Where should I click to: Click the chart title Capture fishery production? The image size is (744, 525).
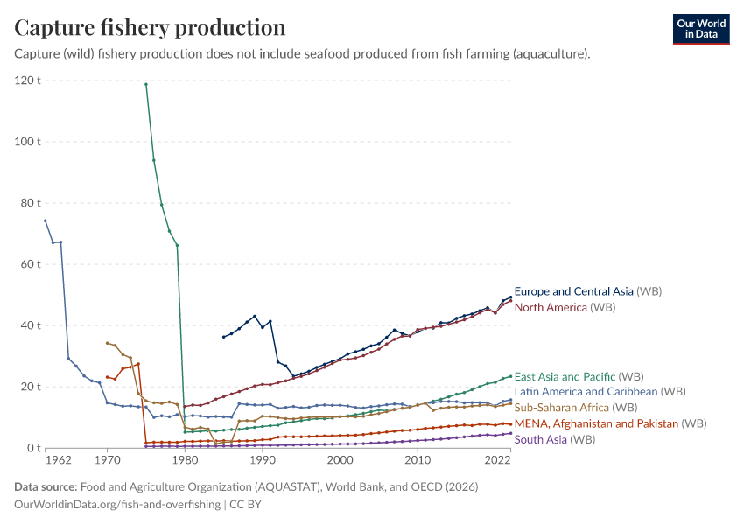coord(150,27)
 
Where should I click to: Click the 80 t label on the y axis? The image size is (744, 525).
coord(31,203)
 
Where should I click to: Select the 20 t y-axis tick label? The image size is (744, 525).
coord(31,387)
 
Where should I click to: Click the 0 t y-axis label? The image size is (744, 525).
coord(34,448)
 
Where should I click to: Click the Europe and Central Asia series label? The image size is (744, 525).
coord(573,291)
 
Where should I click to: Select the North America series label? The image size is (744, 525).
coord(551,307)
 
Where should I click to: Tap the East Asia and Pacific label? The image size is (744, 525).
coord(565,376)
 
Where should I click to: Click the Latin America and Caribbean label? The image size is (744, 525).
coord(586,392)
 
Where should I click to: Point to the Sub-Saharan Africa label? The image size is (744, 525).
coord(562,408)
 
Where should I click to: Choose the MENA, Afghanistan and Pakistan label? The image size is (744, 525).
coord(596,423)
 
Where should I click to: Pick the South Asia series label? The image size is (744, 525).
coord(540,439)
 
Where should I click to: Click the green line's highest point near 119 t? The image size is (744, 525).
coord(146,84)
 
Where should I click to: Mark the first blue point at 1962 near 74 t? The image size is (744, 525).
coord(46,220)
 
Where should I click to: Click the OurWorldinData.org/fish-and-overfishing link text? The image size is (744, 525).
coord(117,505)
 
